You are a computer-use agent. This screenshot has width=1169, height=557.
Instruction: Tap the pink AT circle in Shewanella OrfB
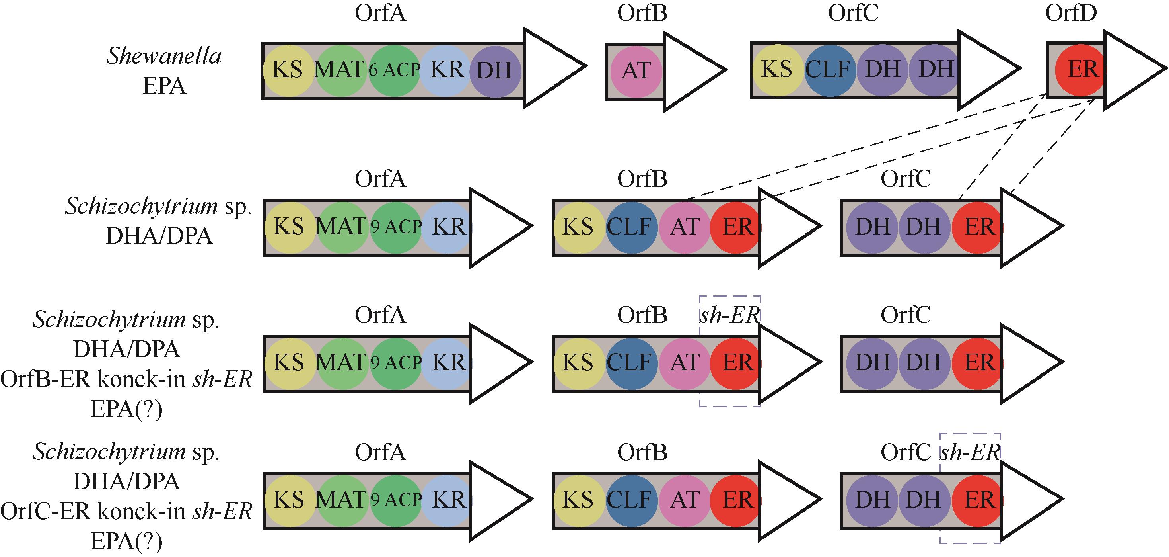tap(635, 71)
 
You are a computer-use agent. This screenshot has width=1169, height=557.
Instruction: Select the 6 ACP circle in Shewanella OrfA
tap(394, 70)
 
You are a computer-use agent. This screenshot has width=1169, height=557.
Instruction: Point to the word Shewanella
tap(164, 56)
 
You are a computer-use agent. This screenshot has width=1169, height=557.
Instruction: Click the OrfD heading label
tap(1072, 13)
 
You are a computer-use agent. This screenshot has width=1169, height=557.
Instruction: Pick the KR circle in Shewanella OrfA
tap(447, 70)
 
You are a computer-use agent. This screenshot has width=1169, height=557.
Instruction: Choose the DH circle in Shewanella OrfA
tap(494, 71)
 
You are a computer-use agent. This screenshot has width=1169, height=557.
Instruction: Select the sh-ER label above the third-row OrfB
tap(729, 315)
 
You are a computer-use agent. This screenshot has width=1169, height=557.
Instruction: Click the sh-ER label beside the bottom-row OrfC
tap(970, 451)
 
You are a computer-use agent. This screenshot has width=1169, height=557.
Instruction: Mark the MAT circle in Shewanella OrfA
tap(339, 70)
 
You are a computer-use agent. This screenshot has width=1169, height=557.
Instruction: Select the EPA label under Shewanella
tap(164, 86)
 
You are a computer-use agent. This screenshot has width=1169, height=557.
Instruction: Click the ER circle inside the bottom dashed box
tap(976, 500)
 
